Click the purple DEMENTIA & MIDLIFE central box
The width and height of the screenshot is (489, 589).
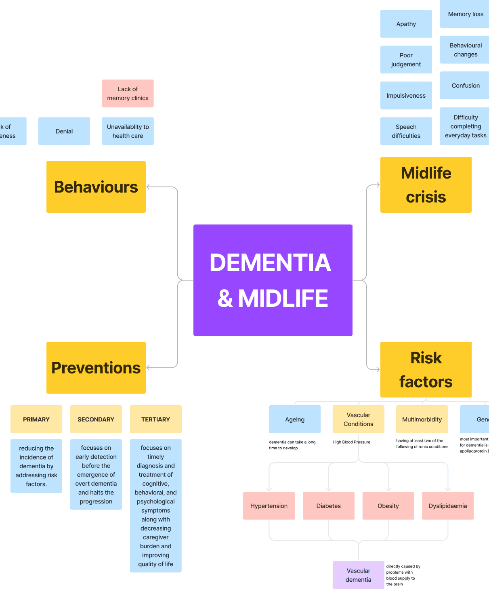click(x=273, y=280)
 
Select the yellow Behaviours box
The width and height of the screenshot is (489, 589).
click(x=96, y=187)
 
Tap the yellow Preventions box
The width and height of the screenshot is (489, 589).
click(x=96, y=367)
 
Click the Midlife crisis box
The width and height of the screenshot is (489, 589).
click(x=426, y=185)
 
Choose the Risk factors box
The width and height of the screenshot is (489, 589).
click(x=426, y=369)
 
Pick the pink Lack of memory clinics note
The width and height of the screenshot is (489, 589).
click(x=128, y=93)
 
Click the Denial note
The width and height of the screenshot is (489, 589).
click(x=64, y=131)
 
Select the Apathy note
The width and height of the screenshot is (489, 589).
click(x=406, y=24)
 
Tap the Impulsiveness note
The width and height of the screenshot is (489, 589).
click(x=406, y=95)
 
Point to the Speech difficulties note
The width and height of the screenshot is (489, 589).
click(x=406, y=131)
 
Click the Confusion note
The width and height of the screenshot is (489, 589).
click(x=465, y=85)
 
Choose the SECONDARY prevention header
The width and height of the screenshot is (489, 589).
click(x=96, y=419)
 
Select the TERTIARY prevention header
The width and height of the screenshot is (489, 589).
click(x=155, y=419)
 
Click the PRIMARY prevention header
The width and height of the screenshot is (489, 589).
click(x=36, y=419)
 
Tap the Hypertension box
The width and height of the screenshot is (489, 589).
click(x=269, y=506)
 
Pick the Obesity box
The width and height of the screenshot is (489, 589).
click(x=388, y=506)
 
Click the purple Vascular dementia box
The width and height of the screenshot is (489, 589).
click(x=358, y=575)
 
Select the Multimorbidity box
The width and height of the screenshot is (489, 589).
click(x=422, y=419)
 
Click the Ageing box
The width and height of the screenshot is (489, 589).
click(x=295, y=419)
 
